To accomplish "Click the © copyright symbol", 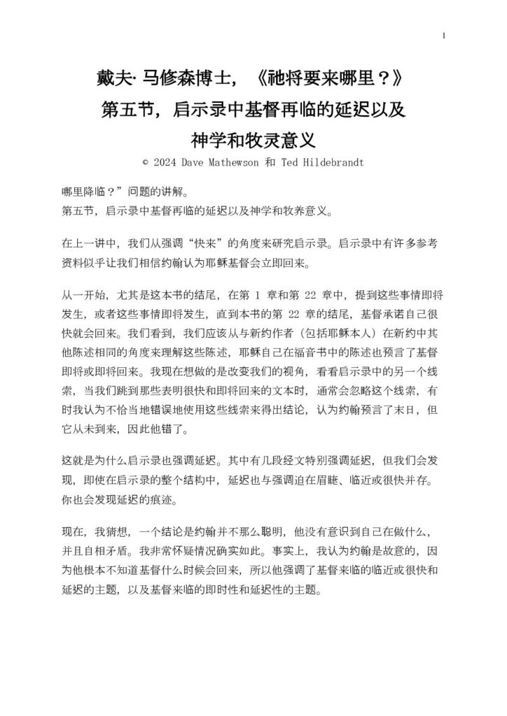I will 145,161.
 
